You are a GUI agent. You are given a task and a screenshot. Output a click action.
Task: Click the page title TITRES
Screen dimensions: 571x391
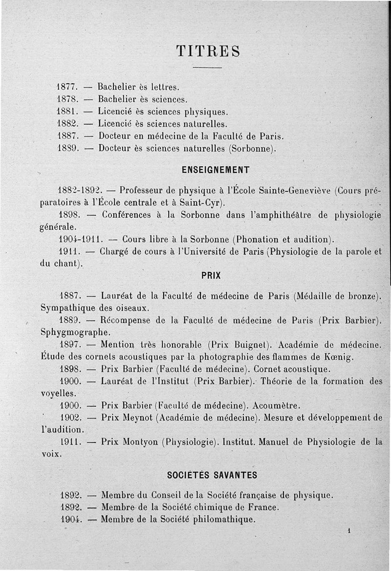click(208, 51)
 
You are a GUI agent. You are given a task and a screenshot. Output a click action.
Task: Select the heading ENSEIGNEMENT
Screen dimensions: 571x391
click(216, 170)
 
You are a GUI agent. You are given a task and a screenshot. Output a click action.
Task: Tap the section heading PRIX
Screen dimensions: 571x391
click(211, 275)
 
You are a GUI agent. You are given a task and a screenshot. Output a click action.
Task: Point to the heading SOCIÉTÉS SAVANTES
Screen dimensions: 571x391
click(212, 475)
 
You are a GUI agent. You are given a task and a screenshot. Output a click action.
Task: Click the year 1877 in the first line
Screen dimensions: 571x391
click(65, 87)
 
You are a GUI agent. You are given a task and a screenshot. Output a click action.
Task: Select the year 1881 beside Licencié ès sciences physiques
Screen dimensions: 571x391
click(65, 112)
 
